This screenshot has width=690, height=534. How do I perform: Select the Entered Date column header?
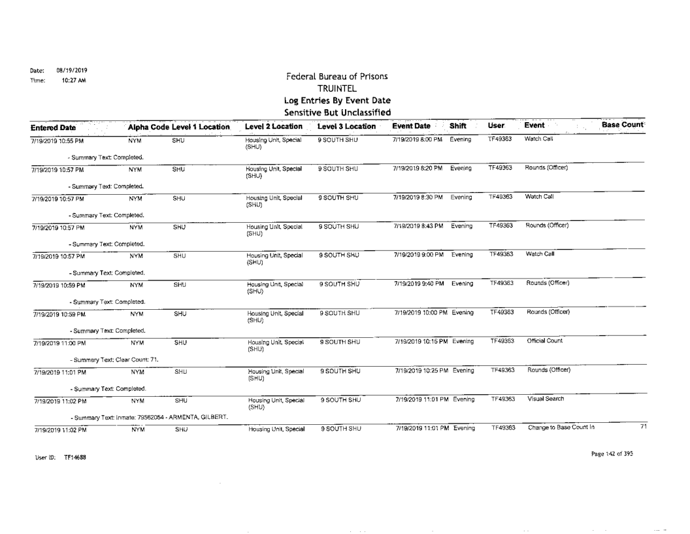point(67,125)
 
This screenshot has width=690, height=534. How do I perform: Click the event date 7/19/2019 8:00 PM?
point(418,140)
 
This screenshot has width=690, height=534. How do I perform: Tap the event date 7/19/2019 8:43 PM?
point(418,225)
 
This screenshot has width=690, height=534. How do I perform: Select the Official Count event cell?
point(545,340)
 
